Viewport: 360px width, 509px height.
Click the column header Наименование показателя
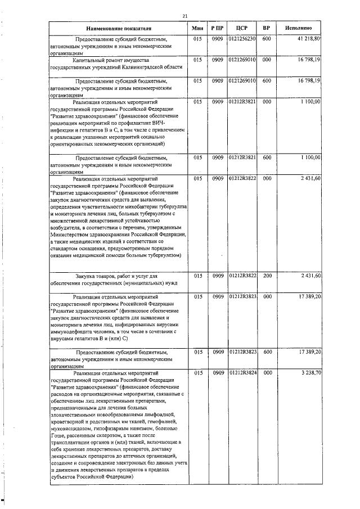119,28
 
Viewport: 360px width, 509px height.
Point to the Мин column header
197,28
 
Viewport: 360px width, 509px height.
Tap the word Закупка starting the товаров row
88,276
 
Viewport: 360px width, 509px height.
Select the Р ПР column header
218,28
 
